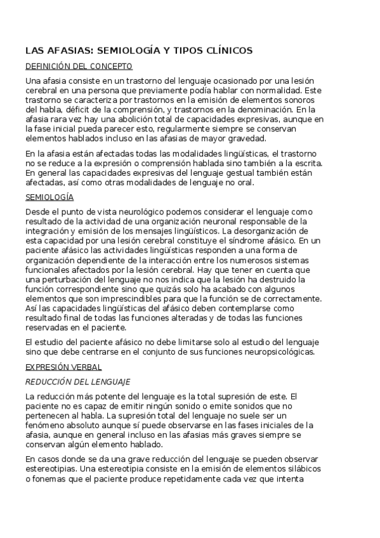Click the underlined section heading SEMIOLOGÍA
(x=49, y=197)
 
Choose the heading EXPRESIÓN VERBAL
(x=63, y=367)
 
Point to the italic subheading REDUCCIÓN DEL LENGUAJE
(x=77, y=382)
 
